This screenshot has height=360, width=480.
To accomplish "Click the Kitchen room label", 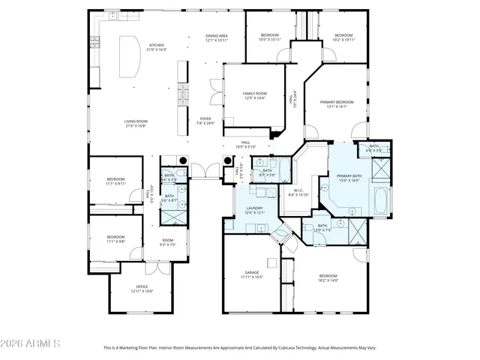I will tap(156, 47).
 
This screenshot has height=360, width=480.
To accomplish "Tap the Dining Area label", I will tap(217, 37).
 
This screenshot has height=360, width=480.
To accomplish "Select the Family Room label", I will tap(254, 95).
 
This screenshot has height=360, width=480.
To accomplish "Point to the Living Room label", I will tap(136, 124).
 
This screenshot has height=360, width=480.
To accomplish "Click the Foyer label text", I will tap(205, 120).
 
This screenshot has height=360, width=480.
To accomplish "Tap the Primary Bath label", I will tap(349, 178).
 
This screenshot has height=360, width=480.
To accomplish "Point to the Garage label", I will tap(252, 274).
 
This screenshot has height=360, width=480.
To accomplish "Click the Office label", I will tap(142, 289).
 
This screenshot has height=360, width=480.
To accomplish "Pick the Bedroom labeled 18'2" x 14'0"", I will tap(328, 277).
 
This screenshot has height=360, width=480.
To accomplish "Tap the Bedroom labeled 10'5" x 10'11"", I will tap(270, 37).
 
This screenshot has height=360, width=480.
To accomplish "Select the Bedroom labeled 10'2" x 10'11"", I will tap(343, 37).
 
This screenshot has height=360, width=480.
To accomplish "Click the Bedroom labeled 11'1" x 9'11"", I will tap(115, 181).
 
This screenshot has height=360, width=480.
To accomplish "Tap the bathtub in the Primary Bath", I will tap(380, 200).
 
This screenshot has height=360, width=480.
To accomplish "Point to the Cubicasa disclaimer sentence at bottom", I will tap(239, 347).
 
